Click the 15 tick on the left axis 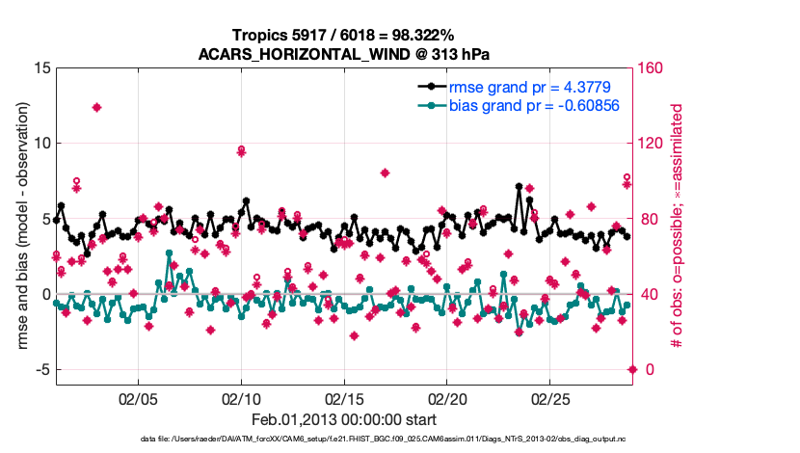click(x=41, y=68)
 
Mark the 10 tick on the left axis click(x=41, y=144)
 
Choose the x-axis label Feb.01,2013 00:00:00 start click(x=344, y=419)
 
